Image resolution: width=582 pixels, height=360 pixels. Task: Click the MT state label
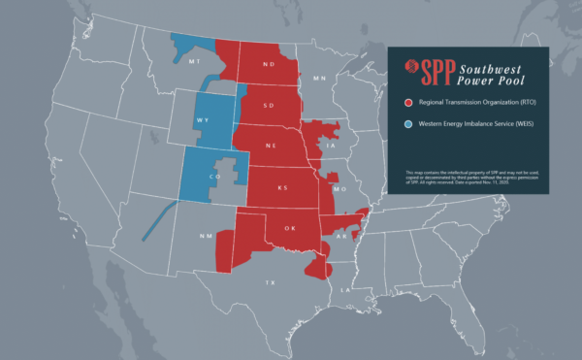195,59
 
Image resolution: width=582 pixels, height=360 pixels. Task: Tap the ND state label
268,65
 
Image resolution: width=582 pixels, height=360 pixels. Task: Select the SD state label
270,107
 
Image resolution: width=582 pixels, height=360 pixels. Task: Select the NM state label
205,236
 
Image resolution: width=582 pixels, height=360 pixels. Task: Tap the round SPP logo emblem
413,67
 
